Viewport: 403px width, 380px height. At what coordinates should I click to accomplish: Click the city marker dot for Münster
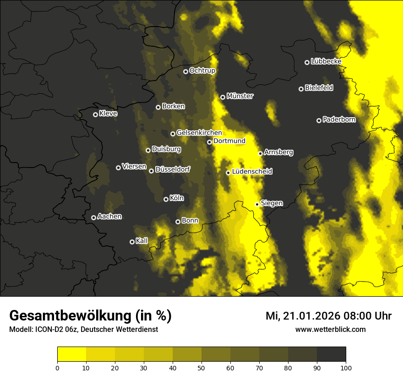click(223, 97)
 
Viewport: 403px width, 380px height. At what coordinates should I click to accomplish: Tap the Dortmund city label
click(229, 141)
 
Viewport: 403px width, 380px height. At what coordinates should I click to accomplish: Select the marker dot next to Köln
click(166, 199)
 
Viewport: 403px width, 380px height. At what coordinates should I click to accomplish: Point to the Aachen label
click(109, 217)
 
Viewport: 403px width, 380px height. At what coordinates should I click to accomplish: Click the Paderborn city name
click(339, 119)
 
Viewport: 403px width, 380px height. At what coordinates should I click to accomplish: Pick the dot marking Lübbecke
click(307, 62)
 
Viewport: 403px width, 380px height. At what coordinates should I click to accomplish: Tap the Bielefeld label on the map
click(319, 87)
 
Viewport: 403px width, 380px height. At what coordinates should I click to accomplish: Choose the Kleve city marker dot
click(95, 114)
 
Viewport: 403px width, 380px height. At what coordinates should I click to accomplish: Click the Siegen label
click(272, 203)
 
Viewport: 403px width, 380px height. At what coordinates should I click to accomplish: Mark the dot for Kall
click(132, 242)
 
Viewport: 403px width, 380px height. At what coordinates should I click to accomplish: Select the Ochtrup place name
click(202, 71)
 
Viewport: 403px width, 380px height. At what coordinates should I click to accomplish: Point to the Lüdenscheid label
click(252, 172)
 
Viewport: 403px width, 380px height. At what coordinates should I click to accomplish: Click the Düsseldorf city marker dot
click(151, 171)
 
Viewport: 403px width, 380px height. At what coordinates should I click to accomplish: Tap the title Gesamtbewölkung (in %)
click(90, 316)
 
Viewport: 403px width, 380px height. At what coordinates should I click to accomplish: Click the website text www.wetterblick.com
click(330, 329)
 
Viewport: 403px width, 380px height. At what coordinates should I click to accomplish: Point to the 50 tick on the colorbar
click(201, 367)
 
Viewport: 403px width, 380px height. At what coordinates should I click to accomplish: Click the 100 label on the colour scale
click(346, 367)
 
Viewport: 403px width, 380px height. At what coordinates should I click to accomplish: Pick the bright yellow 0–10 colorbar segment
click(72, 354)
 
